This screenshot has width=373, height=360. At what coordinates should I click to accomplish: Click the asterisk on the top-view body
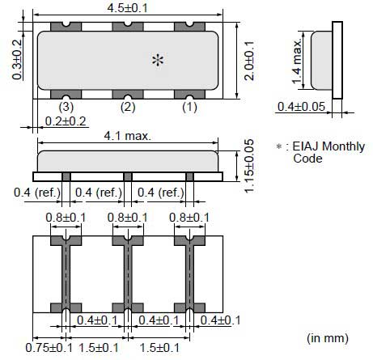click(159, 61)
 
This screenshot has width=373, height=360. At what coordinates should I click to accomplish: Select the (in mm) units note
click(328, 335)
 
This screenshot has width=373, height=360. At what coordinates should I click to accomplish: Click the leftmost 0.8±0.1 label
click(62, 217)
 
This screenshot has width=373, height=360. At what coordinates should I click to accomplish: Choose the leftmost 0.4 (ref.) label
click(36, 192)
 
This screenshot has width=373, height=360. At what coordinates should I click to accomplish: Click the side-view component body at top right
click(324, 59)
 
